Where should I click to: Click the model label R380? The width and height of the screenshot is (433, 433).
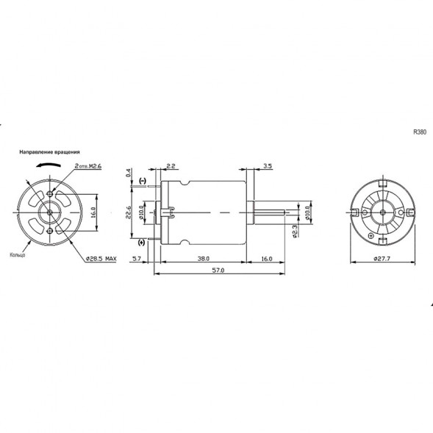tap(420, 133)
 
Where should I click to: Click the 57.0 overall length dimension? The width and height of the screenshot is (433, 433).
tap(218, 271)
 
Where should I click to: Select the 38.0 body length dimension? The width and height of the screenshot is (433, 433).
tap(204, 259)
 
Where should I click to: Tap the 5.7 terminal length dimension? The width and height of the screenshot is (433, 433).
tap(137, 259)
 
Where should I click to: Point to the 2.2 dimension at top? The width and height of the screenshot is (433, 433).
tap(170, 167)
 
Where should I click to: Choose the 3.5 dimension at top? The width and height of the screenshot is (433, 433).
tap(267, 167)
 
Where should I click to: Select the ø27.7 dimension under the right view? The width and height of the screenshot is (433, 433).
tap(382, 260)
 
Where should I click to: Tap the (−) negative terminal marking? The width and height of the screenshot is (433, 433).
tap(142, 181)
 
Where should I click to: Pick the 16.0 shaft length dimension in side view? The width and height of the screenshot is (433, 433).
tap(266, 259)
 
